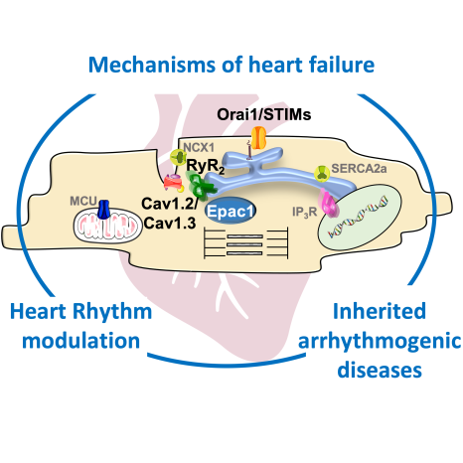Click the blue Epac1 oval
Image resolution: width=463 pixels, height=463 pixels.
point(230,211)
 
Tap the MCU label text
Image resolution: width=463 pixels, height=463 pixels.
point(83,201)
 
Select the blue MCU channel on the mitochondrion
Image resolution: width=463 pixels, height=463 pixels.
point(104,210)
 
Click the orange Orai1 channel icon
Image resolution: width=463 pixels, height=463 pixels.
point(258,138)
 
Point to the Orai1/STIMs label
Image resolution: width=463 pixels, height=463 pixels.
point(264,114)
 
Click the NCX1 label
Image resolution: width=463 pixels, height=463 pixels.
point(199,147)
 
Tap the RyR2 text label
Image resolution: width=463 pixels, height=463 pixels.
point(206,166)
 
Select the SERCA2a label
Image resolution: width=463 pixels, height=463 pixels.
point(359,168)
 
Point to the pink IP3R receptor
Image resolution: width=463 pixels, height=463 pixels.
point(327,203)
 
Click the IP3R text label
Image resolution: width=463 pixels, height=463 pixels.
point(305,212)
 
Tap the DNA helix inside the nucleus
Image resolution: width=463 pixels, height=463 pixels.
point(358,217)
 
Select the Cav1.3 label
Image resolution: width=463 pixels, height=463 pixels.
point(170,224)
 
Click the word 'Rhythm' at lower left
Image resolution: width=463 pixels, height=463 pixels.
point(112,312)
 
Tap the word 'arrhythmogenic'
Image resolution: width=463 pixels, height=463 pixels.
point(380,342)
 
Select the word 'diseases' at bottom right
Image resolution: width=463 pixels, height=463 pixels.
point(380,370)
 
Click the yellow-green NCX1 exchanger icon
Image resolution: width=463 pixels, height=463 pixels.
point(178,158)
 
